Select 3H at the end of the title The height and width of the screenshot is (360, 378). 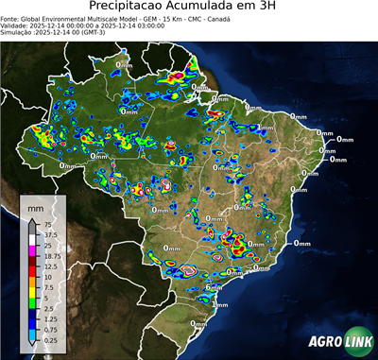click(268, 7)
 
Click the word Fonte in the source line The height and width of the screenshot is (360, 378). click(11, 18)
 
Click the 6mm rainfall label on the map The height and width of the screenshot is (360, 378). click(214, 287)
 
